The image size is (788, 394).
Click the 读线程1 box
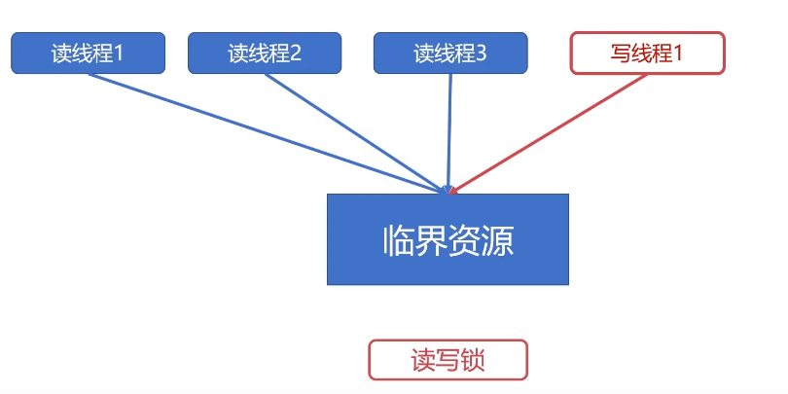tap(88, 53)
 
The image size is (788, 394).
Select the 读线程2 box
tap(265, 53)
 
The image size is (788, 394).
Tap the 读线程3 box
tap(450, 53)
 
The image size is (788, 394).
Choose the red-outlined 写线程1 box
tap(647, 53)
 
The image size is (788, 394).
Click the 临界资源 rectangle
tap(448, 239)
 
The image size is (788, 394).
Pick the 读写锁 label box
tap(448, 360)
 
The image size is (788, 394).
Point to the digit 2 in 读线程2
tap(296, 54)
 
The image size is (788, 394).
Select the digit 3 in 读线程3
tap(482, 54)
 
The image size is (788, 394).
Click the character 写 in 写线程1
tap(621, 54)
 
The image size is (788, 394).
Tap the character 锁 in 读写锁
tap(473, 361)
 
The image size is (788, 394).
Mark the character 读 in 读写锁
tap(423, 361)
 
